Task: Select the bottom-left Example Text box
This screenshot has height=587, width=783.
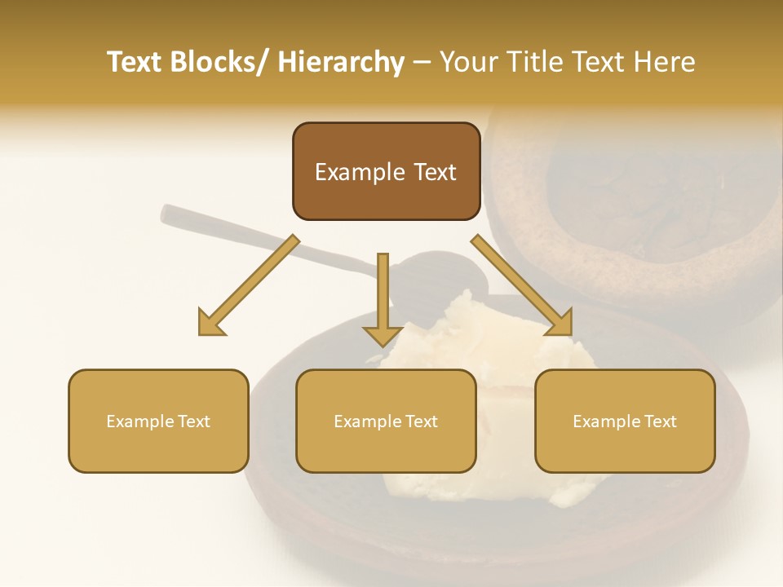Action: point(158,421)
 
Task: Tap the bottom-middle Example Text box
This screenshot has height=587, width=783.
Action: point(386,421)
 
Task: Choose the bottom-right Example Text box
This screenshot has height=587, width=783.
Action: point(625,421)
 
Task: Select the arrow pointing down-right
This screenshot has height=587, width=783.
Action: point(522,285)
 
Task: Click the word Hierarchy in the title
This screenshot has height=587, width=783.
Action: point(341,62)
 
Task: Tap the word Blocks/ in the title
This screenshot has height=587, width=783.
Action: point(222,62)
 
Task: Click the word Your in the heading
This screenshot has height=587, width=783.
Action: point(466,62)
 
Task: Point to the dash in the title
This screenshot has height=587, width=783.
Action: point(421,63)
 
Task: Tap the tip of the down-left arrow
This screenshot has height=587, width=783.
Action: point(201,333)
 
